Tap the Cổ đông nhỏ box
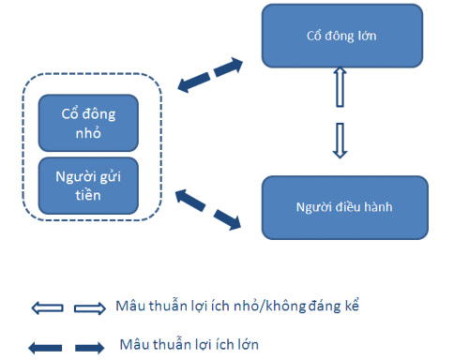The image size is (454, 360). tap(87, 121)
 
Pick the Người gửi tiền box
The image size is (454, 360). tap(87, 186)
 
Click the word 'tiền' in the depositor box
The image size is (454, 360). tap(87, 196)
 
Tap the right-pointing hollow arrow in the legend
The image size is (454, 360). tap(89, 307)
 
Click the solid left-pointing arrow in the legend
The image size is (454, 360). tap(45, 348)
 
